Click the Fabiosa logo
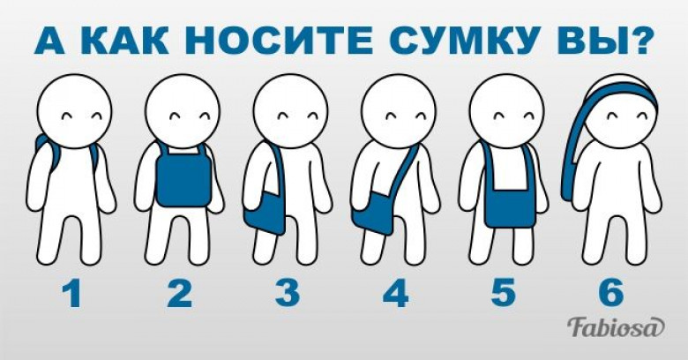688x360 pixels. [x=615, y=327]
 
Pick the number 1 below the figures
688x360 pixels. [x=72, y=294]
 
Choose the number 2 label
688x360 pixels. [x=180, y=294]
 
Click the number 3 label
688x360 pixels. [x=288, y=294]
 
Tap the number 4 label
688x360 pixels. [x=396, y=294]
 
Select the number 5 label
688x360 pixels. [x=504, y=294]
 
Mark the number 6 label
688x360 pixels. [x=611, y=294]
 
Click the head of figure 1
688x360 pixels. [x=75, y=111]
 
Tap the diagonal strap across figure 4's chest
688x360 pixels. [x=403, y=169]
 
